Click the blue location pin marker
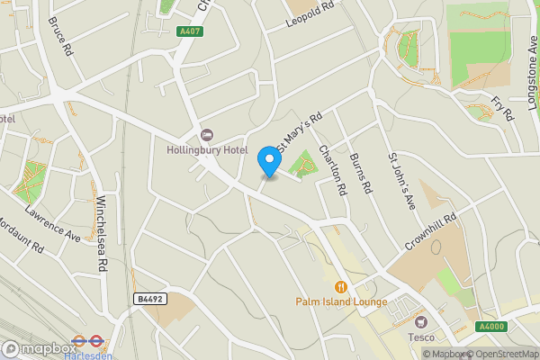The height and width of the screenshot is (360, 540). (268, 161)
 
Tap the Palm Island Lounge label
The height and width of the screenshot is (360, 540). (341, 302)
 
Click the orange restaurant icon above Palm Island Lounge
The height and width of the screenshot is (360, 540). (340, 287)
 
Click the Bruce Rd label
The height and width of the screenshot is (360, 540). (60, 35)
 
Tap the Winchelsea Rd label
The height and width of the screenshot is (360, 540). (102, 233)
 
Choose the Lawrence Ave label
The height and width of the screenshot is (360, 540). (52, 223)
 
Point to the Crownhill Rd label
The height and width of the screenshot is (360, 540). (431, 237)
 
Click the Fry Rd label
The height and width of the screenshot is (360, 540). (503, 108)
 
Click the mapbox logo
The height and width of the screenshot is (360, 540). (40, 348)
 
